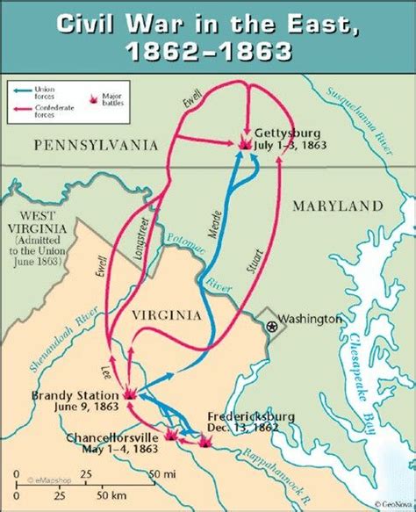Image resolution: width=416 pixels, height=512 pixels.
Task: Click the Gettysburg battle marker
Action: pos(244,141)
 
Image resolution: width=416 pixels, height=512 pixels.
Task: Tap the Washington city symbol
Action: pos(272,326)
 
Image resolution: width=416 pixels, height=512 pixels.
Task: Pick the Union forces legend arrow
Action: pos(22,89)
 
